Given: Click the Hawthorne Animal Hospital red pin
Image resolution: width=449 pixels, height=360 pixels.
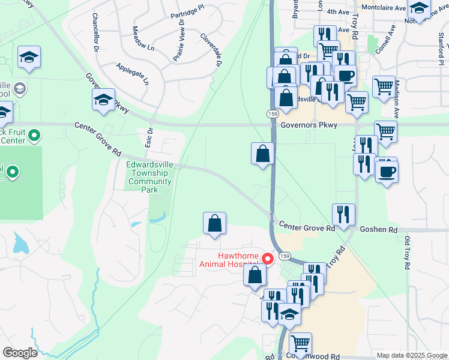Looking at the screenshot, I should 268,259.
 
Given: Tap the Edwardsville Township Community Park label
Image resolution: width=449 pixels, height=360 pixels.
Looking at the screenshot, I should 149,176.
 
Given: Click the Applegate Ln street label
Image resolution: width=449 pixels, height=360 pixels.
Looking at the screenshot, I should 132,74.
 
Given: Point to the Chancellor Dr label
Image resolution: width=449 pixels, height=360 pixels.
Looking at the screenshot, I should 95,31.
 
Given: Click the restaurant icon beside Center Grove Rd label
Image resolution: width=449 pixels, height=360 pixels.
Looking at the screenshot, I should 343,214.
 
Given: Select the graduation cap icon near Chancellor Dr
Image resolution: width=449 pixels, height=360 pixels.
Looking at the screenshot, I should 103,100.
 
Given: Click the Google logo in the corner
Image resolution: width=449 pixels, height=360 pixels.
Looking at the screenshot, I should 19,353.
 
